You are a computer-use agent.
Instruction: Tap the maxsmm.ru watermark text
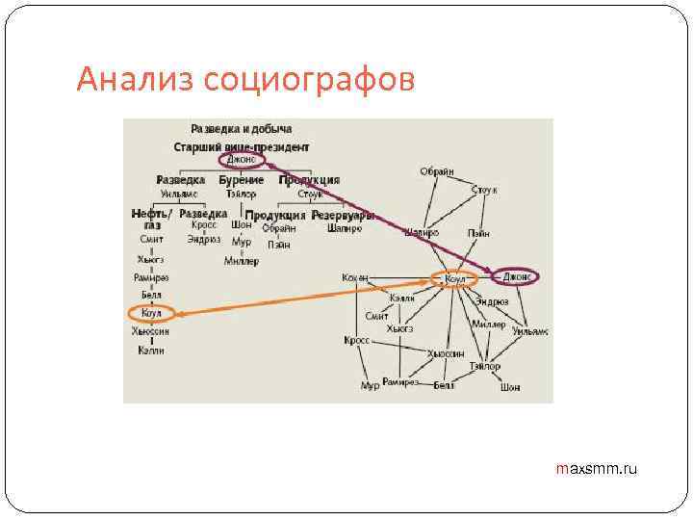coord(597,469)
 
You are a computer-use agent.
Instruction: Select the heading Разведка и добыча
coord(242,129)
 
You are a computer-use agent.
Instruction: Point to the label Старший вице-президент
coord(242,147)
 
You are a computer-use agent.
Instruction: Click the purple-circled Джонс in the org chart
coord(241,161)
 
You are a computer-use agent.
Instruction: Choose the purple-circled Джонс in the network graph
coord(517,276)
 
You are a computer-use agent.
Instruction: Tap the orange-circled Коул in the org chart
coord(151,313)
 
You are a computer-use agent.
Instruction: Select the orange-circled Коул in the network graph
coord(455,279)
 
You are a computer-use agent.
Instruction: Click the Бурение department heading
coord(241,180)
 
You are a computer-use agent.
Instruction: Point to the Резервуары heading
coord(343,215)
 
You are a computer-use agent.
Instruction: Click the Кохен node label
coord(354,277)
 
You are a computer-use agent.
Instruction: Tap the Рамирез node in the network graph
coord(400,382)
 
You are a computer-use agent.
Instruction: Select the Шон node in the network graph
coord(509,387)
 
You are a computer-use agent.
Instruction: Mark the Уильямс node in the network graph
coord(530,330)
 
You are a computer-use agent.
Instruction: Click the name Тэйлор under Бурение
coord(241,194)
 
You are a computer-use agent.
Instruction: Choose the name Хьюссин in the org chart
coord(151,331)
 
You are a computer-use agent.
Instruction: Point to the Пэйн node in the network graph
coord(478,233)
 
